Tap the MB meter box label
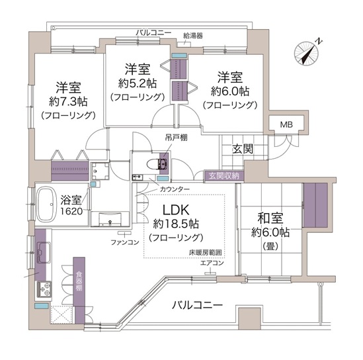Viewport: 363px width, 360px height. [286, 125]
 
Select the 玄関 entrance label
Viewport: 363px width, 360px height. [243, 149]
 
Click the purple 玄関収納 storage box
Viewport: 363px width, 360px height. [224, 176]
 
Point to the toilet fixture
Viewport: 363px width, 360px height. [157, 164]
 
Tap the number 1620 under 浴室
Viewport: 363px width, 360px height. [71, 211]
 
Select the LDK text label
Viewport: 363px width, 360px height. [176, 210]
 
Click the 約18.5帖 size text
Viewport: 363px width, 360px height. [176, 224]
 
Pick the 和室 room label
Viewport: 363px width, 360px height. [270, 218]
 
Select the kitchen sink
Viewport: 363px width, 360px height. [44, 253]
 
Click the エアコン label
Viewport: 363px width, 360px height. [212, 263]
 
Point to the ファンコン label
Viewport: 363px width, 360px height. [125, 242]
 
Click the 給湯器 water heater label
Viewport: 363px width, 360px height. [193, 36]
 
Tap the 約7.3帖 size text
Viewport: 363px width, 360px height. [68, 101]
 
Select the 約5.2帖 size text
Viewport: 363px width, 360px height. [138, 83]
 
